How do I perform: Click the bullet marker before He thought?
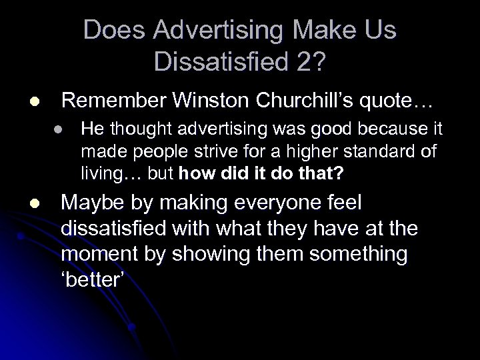click(59, 131)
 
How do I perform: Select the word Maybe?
click(94, 203)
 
